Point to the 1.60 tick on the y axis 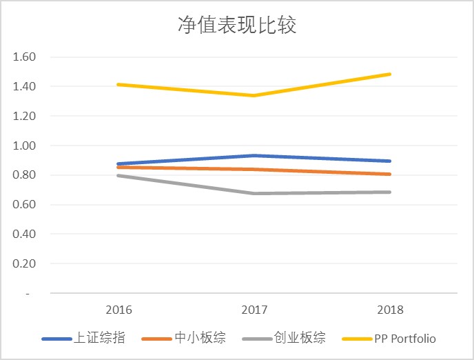tap(24, 57)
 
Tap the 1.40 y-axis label tap(24, 87)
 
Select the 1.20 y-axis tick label tap(24, 117)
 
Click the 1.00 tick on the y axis tap(24, 146)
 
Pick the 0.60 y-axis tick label tap(24, 205)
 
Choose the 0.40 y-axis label tap(24, 234)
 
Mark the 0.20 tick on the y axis tap(24, 264)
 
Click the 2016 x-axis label tap(118, 310)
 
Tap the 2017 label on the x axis tap(254, 310)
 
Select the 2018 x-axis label tap(391, 310)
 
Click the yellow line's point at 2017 tap(254, 96)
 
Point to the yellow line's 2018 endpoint tap(390, 74)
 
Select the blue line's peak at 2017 tap(254, 156)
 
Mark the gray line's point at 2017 tap(254, 193)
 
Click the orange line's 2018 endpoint tap(390, 174)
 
